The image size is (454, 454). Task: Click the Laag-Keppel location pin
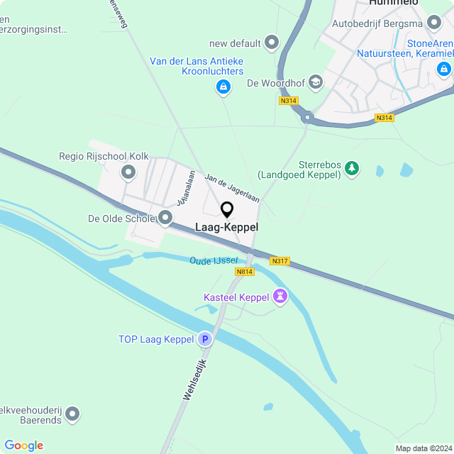click(x=227, y=210)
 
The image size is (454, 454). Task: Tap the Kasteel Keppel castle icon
click(x=280, y=297)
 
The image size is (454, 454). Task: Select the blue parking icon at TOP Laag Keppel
click(x=205, y=340)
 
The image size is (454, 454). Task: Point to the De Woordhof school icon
click(x=316, y=83)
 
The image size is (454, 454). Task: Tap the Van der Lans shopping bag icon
click(x=223, y=87)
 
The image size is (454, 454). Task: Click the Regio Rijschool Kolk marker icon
click(x=128, y=172)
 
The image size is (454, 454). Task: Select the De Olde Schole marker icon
click(x=165, y=218)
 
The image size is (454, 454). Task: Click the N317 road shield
click(x=280, y=261)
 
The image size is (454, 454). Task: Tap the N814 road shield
click(x=245, y=272)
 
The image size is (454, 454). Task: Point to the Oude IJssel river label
click(x=214, y=261)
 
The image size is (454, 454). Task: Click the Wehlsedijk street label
click(x=194, y=380)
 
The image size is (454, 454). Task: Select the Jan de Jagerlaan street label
click(x=231, y=188)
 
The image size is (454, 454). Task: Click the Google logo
click(x=23, y=445)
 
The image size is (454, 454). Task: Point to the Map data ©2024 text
click(x=423, y=448)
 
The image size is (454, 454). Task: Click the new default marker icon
click(x=271, y=43)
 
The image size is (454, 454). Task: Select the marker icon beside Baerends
click(x=73, y=413)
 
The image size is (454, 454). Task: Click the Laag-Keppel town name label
click(x=227, y=228)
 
